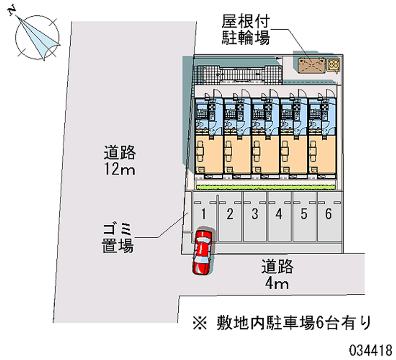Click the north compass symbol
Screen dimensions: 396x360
pos(38,37)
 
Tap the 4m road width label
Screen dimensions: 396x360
pos(277,275)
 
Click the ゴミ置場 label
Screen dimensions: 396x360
pos(118,237)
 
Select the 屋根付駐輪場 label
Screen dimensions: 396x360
pos(246,30)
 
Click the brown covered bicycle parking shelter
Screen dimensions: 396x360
pos(310,65)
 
